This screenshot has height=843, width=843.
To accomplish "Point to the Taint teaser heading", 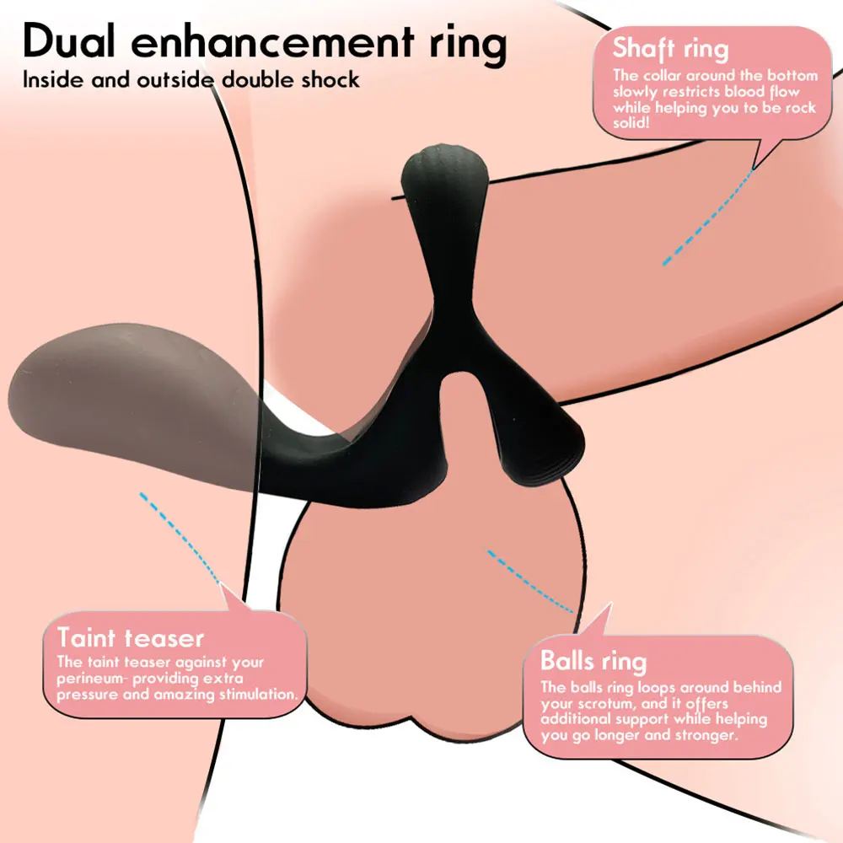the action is (130, 637).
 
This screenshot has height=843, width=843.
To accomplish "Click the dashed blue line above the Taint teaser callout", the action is (180, 537).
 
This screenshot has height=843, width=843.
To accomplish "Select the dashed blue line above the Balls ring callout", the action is (531, 581).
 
